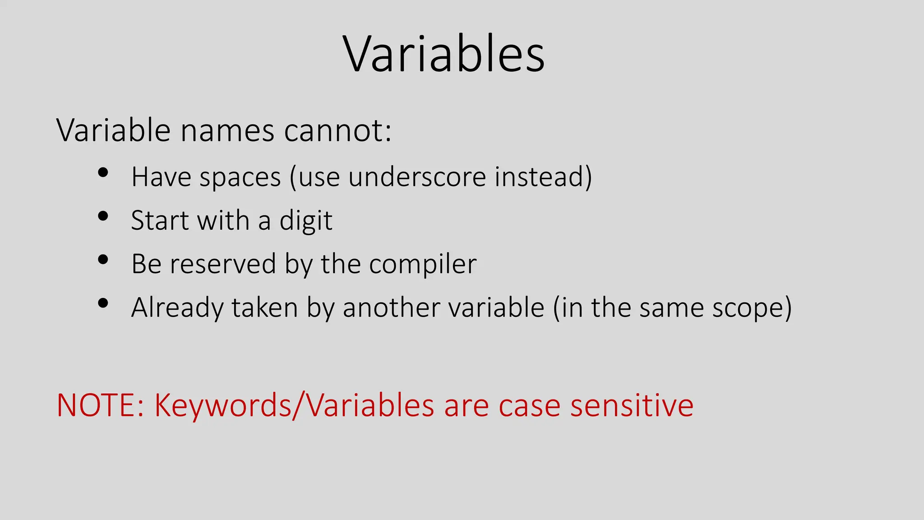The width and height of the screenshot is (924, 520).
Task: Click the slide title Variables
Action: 444,54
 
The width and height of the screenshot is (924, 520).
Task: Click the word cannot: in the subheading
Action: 337,131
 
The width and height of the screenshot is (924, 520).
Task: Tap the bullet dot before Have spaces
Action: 103,172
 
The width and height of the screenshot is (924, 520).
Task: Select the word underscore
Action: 417,177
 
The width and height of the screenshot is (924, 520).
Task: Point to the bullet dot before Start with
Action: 103,216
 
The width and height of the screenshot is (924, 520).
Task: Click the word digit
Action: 306,221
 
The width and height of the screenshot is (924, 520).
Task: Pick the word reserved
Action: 223,264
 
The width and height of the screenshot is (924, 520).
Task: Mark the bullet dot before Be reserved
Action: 103,260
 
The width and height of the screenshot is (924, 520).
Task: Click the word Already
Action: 177,308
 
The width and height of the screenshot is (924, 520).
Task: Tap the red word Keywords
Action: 223,405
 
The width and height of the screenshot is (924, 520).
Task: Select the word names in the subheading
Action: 227,131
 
